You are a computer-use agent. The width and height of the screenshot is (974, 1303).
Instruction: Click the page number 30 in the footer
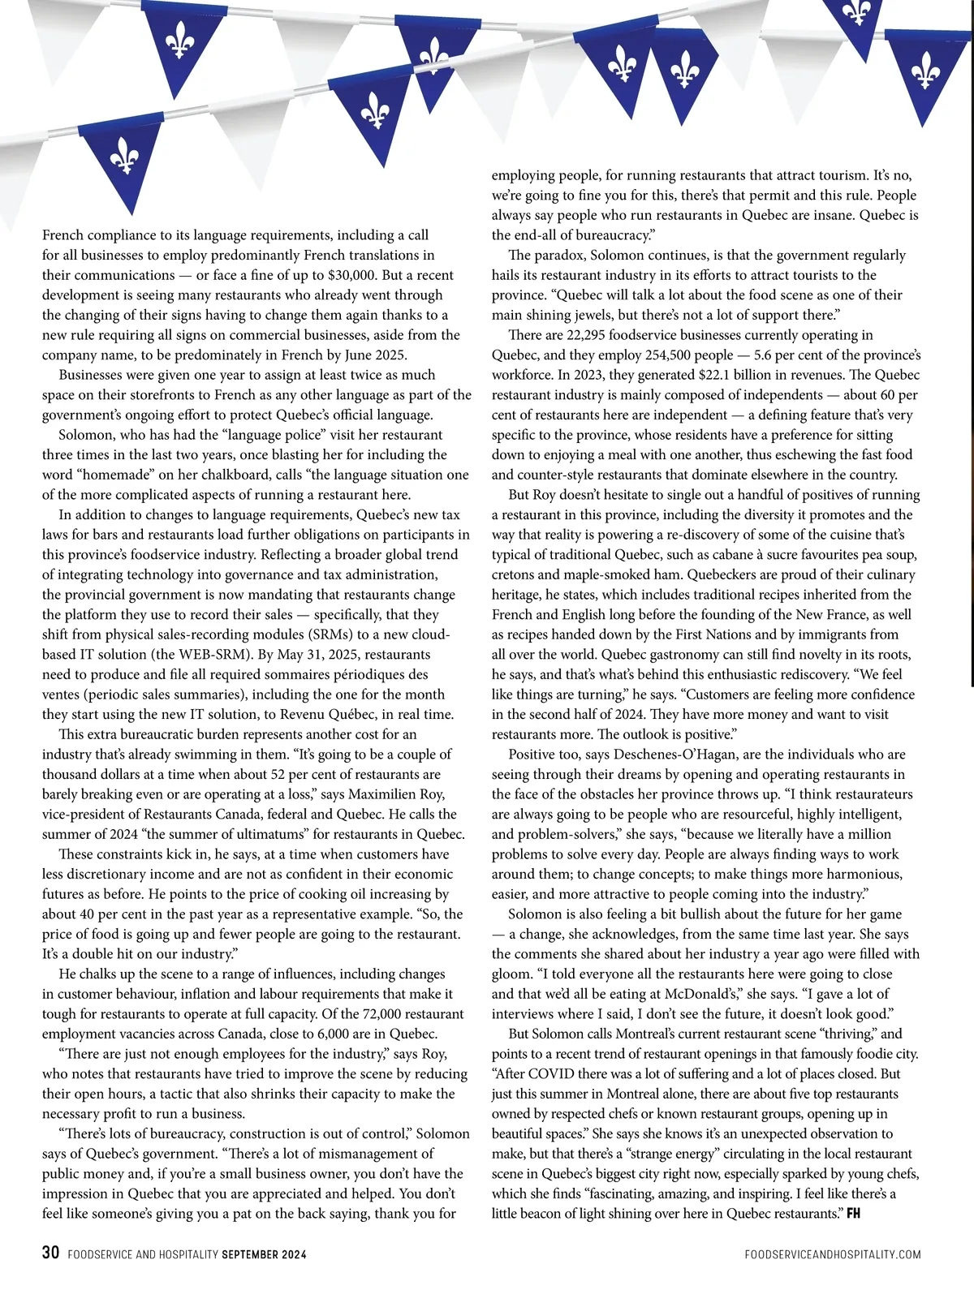(50, 1253)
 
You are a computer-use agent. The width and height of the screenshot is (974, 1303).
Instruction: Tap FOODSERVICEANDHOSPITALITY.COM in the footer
(832, 1254)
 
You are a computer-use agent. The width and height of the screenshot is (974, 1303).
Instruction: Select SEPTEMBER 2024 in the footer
(264, 1254)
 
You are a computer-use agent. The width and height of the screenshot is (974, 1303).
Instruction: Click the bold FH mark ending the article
(853, 1214)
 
